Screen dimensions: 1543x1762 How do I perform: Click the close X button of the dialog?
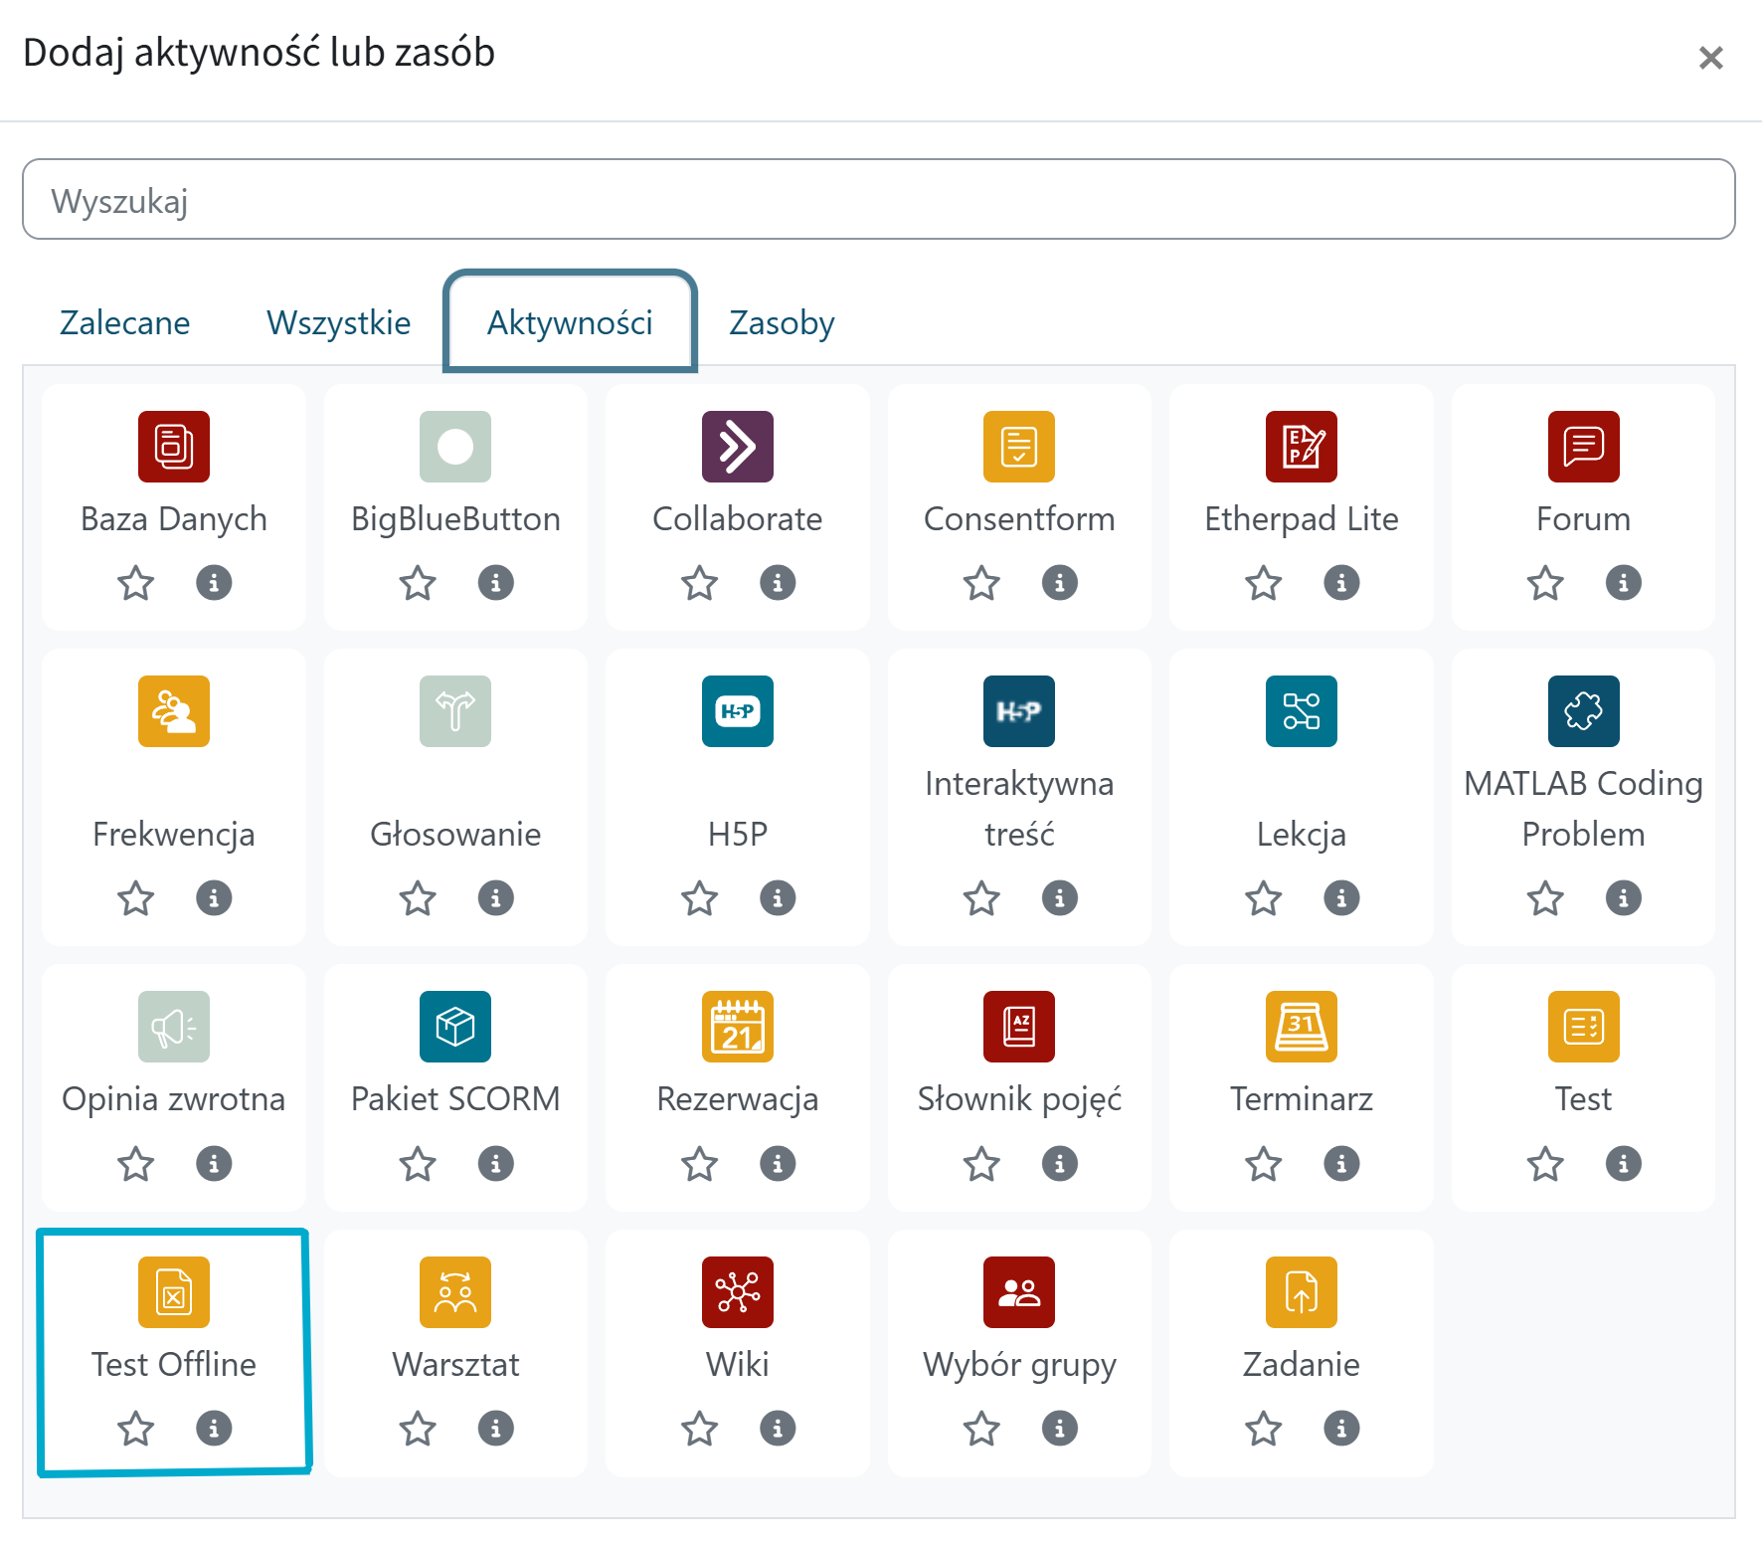tap(1710, 58)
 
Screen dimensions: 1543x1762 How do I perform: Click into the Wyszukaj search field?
tap(878, 200)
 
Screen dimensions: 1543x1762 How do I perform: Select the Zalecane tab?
tap(125, 323)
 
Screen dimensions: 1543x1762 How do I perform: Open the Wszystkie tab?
tap(338, 323)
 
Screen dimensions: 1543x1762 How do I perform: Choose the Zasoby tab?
tap(782, 323)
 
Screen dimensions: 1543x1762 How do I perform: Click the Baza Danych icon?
tap(174, 447)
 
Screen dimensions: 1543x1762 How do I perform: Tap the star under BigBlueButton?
tap(418, 583)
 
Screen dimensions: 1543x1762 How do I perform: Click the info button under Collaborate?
tap(778, 583)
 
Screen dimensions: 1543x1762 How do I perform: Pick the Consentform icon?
tap(1019, 447)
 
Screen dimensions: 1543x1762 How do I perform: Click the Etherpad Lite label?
tap(1301, 519)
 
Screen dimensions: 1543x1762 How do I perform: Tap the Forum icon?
tap(1583, 447)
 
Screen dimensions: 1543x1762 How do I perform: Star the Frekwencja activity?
tap(136, 898)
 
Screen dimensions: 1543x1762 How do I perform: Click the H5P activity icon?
tap(738, 711)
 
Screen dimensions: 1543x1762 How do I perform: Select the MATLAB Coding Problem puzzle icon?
tap(1583, 711)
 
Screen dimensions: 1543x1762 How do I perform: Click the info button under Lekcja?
tap(1341, 898)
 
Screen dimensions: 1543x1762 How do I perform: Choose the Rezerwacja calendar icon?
tap(738, 1027)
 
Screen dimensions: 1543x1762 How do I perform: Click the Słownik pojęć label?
tap(1019, 1099)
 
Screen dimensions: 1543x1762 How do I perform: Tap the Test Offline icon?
tap(174, 1292)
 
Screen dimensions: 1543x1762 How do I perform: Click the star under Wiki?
tap(700, 1429)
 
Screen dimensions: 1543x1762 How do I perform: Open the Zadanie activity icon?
tap(1301, 1292)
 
